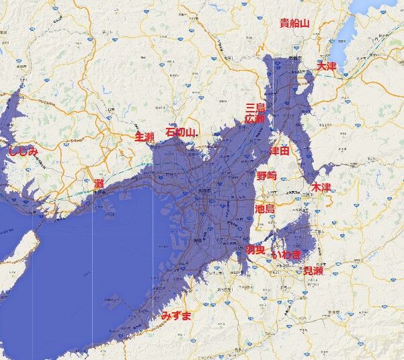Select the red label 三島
point(255,108)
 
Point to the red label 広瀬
point(254,119)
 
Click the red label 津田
point(279,151)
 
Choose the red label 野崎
point(266,175)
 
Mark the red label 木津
point(321,186)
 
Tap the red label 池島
point(265,209)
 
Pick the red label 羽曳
point(255,250)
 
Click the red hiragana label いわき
point(286,255)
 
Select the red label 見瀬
point(313,271)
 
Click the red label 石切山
point(179,132)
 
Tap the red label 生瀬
point(145,137)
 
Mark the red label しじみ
point(24,151)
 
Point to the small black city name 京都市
point(294,59)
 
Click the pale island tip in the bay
point(20,249)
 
